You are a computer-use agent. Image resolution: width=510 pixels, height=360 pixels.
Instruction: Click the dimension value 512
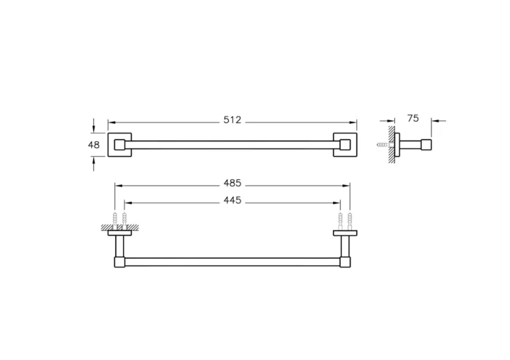pos(232,120)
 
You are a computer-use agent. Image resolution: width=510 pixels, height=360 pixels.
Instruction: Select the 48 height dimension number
pos(93,144)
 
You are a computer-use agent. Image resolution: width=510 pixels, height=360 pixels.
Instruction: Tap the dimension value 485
pos(232,184)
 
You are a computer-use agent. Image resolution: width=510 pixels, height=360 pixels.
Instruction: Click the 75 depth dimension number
pos(413,118)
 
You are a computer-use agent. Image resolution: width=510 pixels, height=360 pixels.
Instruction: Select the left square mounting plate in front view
pos(119,144)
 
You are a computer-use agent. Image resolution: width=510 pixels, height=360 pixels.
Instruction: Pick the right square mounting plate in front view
pos(345,144)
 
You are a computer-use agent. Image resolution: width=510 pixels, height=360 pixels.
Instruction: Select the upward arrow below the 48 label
pos(94,161)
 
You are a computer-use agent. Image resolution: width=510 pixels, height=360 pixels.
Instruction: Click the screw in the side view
pos(382,145)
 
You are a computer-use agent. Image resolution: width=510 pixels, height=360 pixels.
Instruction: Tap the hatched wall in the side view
pos(392,145)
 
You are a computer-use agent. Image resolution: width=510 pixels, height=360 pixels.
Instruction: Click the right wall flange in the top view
pos(345,233)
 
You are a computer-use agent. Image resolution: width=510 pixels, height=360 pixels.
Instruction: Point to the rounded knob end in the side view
pos(429,145)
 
